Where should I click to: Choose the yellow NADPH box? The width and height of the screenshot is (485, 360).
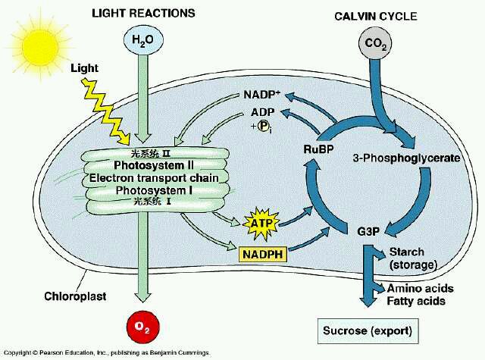261,254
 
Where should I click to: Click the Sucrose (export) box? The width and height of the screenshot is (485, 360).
368,330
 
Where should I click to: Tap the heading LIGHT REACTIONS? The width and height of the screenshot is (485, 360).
142,13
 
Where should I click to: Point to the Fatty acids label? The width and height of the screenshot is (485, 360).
416,301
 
